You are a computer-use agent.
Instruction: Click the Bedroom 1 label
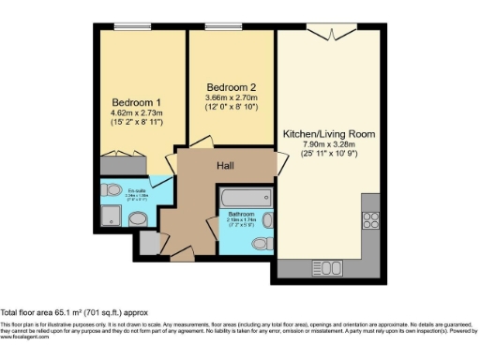point(130,102)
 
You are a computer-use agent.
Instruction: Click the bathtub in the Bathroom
point(244,200)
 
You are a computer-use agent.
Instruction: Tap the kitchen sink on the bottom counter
point(330,268)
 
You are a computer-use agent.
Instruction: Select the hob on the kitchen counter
point(369,221)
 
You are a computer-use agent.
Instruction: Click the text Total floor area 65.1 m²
point(73,311)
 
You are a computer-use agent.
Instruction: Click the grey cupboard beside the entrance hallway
point(148,242)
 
